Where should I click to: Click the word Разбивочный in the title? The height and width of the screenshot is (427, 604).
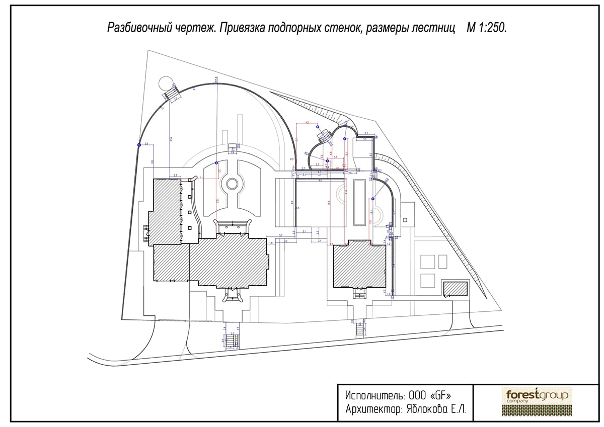pyautogui.click(x=135, y=27)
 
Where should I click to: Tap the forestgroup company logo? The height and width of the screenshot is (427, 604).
pyautogui.click(x=537, y=401)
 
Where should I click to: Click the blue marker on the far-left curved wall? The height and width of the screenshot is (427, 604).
pyautogui.click(x=139, y=145)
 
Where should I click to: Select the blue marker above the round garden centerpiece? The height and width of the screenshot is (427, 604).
pyautogui.click(x=216, y=163)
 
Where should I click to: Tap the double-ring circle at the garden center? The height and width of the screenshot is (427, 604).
pyautogui.click(x=233, y=184)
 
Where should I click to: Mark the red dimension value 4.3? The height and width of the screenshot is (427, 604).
pyautogui.click(x=307, y=122)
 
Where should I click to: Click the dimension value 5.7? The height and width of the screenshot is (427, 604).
pyautogui.click(x=281, y=235)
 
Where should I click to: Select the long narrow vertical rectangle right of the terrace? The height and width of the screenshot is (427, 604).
pyautogui.click(x=359, y=202)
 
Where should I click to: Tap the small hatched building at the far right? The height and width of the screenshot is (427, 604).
pyautogui.click(x=456, y=289)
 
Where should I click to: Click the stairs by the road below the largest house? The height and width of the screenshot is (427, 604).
pyautogui.click(x=232, y=341)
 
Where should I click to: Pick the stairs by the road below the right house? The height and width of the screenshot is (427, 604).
pyautogui.click(x=360, y=330)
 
